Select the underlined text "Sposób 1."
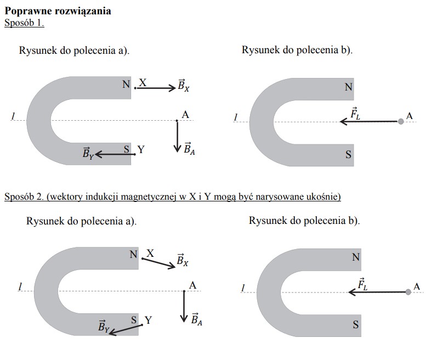point(24,22)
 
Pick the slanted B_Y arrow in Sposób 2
point(126,328)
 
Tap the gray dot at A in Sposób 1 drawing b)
point(401,121)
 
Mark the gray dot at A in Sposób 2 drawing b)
point(408,292)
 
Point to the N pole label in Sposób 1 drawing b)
point(349,87)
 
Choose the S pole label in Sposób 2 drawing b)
point(356,325)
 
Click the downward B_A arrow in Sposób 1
point(177,136)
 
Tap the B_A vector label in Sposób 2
point(196,319)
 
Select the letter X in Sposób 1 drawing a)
point(143,83)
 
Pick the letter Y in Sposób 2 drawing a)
point(147,320)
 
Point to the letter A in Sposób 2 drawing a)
point(192,285)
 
